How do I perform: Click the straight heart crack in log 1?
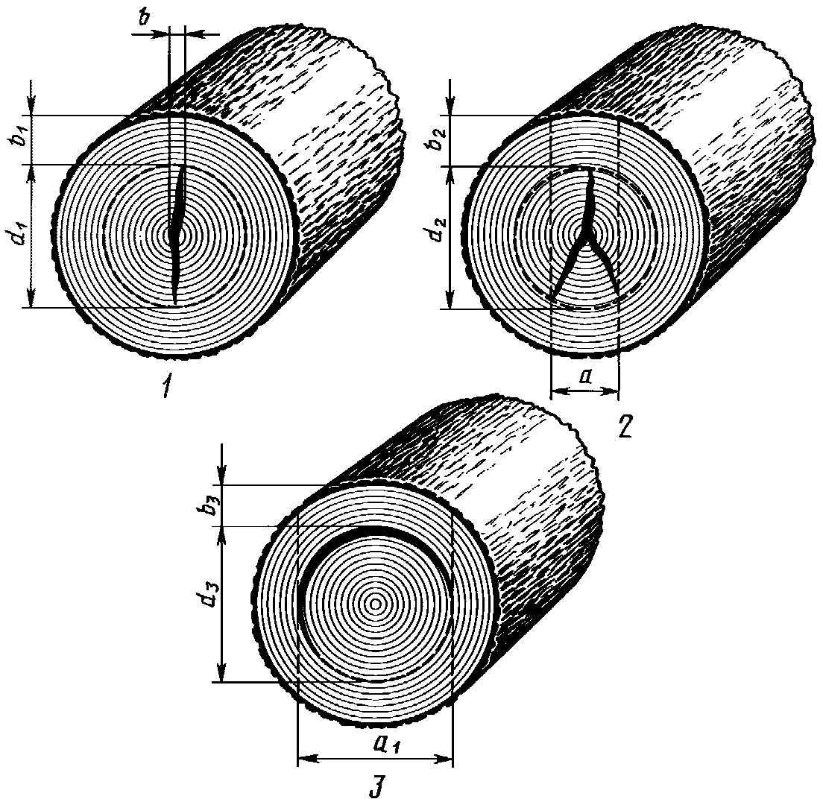(x=177, y=235)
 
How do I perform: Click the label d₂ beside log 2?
(x=439, y=237)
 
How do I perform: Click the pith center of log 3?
(x=375, y=604)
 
